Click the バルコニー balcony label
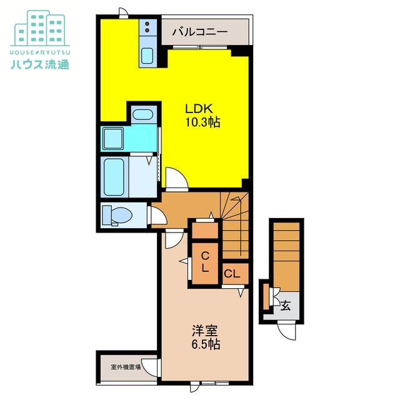coord(199,32)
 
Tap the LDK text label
coord(199,109)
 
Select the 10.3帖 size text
coord(202,122)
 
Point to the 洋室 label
coord(204,331)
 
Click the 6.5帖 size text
coord(206,344)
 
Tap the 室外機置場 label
coord(126,367)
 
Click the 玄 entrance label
coord(286,306)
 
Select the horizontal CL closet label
coord(232,274)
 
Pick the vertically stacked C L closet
coord(205,262)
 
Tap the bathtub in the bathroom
coord(114,176)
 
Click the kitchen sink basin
coord(147,56)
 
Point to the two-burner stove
coord(147,27)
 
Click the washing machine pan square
coord(113,139)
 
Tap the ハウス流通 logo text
coord(40,64)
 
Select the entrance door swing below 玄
coord(287,331)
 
